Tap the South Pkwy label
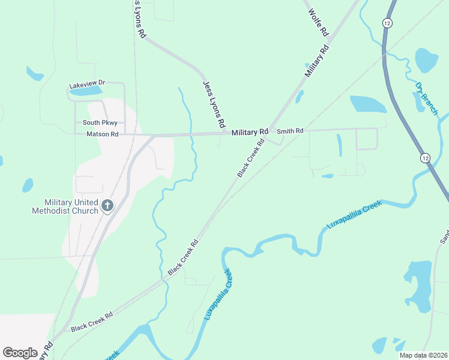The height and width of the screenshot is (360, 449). click(x=95, y=123)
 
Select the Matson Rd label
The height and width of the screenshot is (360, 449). click(x=102, y=134)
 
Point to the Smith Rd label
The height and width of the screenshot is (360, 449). click(x=290, y=130)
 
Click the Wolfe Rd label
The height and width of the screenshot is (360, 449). click(x=319, y=22)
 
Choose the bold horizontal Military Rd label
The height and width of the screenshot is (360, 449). click(x=250, y=132)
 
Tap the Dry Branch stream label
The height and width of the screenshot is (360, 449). click(x=426, y=99)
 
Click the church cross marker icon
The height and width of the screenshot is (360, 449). click(x=107, y=206)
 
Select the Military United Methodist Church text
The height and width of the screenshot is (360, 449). click(x=71, y=206)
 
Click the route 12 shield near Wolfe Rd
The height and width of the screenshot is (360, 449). click(x=387, y=22)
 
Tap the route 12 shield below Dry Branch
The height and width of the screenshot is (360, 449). click(x=425, y=158)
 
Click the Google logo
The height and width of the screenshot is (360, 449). click(x=20, y=353)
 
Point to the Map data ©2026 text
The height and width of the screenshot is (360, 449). click(x=423, y=355)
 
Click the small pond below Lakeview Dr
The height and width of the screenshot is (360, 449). click(x=87, y=91)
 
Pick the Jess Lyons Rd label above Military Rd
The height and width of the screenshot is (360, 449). click(x=214, y=104)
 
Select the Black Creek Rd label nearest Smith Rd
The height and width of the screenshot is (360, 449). click(x=251, y=159)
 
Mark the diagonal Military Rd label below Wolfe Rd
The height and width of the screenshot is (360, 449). click(x=318, y=61)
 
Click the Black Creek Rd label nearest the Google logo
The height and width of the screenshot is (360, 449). click(x=92, y=322)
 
